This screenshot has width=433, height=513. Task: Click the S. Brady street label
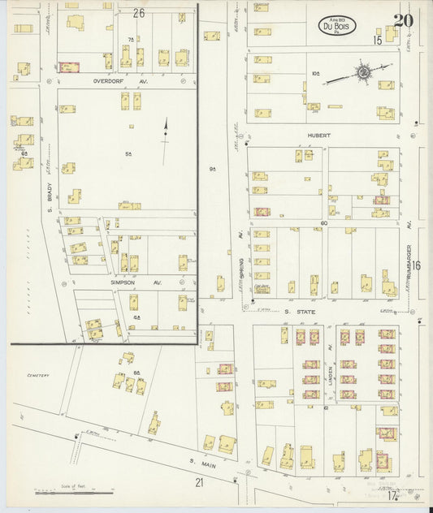(x=49, y=197)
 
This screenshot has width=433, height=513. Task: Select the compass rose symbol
(x=365, y=74)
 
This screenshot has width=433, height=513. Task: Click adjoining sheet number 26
(x=139, y=12)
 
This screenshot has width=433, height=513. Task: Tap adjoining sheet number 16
(x=416, y=265)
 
